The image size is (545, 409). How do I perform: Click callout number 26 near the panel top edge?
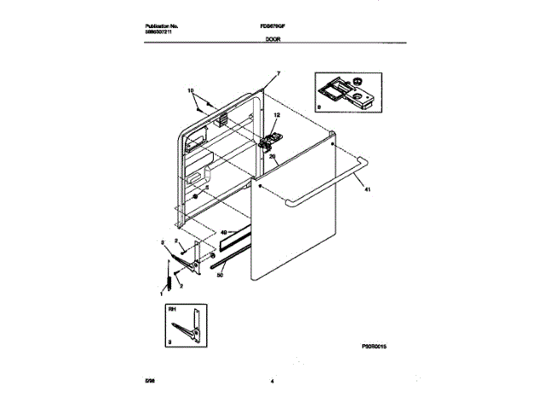click(272, 156)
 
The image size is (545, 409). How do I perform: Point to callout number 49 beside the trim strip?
click(224, 232)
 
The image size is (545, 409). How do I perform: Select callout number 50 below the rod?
click(220, 274)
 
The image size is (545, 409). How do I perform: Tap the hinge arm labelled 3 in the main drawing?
click(198, 253)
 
